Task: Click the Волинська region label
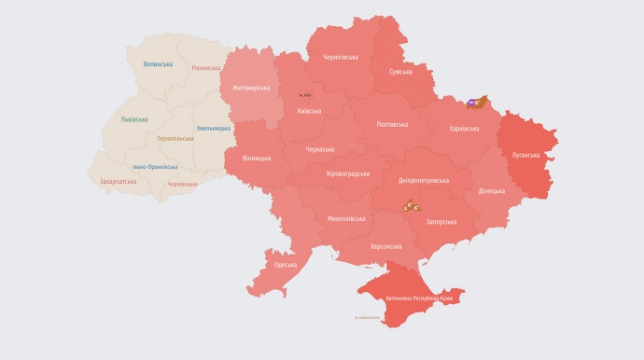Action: coord(158,64)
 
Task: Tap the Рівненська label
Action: coord(205,68)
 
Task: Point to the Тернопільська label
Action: coord(175,138)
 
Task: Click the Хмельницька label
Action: coord(214,128)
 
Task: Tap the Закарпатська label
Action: coord(119,181)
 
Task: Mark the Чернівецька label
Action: coord(182,184)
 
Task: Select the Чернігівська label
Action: coord(341,57)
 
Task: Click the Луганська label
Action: coord(526,155)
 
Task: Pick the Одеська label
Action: coord(286,265)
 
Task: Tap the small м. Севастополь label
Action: coord(368,318)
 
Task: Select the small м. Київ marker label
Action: coord(305,95)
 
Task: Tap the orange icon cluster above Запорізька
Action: coord(411,204)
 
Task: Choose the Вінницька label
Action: coord(256,159)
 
